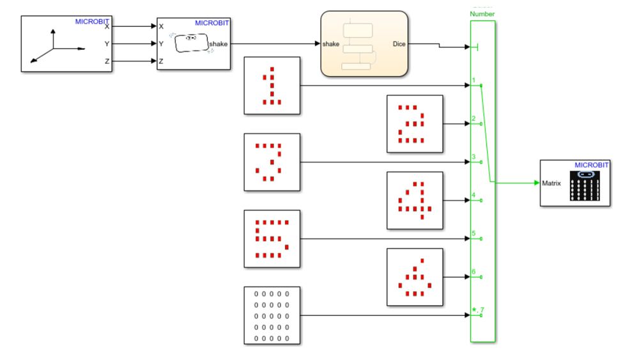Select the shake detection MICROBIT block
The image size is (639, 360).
(x=194, y=44)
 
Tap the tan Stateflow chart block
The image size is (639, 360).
(x=364, y=44)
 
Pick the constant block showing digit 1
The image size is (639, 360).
(x=272, y=85)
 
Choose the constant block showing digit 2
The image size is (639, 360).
(x=415, y=123)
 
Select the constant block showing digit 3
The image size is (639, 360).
(x=272, y=162)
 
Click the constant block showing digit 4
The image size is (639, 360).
(x=415, y=200)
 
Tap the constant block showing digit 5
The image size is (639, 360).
(x=272, y=239)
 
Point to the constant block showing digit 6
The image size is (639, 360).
(x=415, y=277)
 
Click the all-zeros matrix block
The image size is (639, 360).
(x=272, y=315)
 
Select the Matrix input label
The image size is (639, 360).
(x=551, y=183)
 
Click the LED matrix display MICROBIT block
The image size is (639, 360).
(x=575, y=183)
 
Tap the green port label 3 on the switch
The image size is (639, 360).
(x=473, y=157)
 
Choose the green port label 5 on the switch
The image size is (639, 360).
(x=473, y=233)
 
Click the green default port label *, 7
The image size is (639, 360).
(x=475, y=310)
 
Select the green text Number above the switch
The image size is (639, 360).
(x=482, y=13)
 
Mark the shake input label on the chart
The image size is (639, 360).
(x=330, y=44)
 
